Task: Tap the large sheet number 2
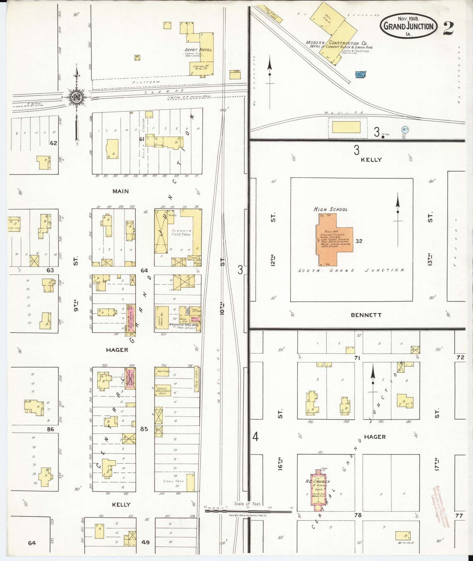coord(449,28)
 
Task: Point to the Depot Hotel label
coord(198,50)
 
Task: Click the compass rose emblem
coord(76,97)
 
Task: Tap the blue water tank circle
coord(405,129)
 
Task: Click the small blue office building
coord(360,75)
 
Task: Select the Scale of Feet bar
coord(248,511)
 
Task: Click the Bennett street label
coord(366,315)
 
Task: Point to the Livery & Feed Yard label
coord(182,233)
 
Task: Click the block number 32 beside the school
coord(359,241)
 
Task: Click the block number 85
coord(144,429)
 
